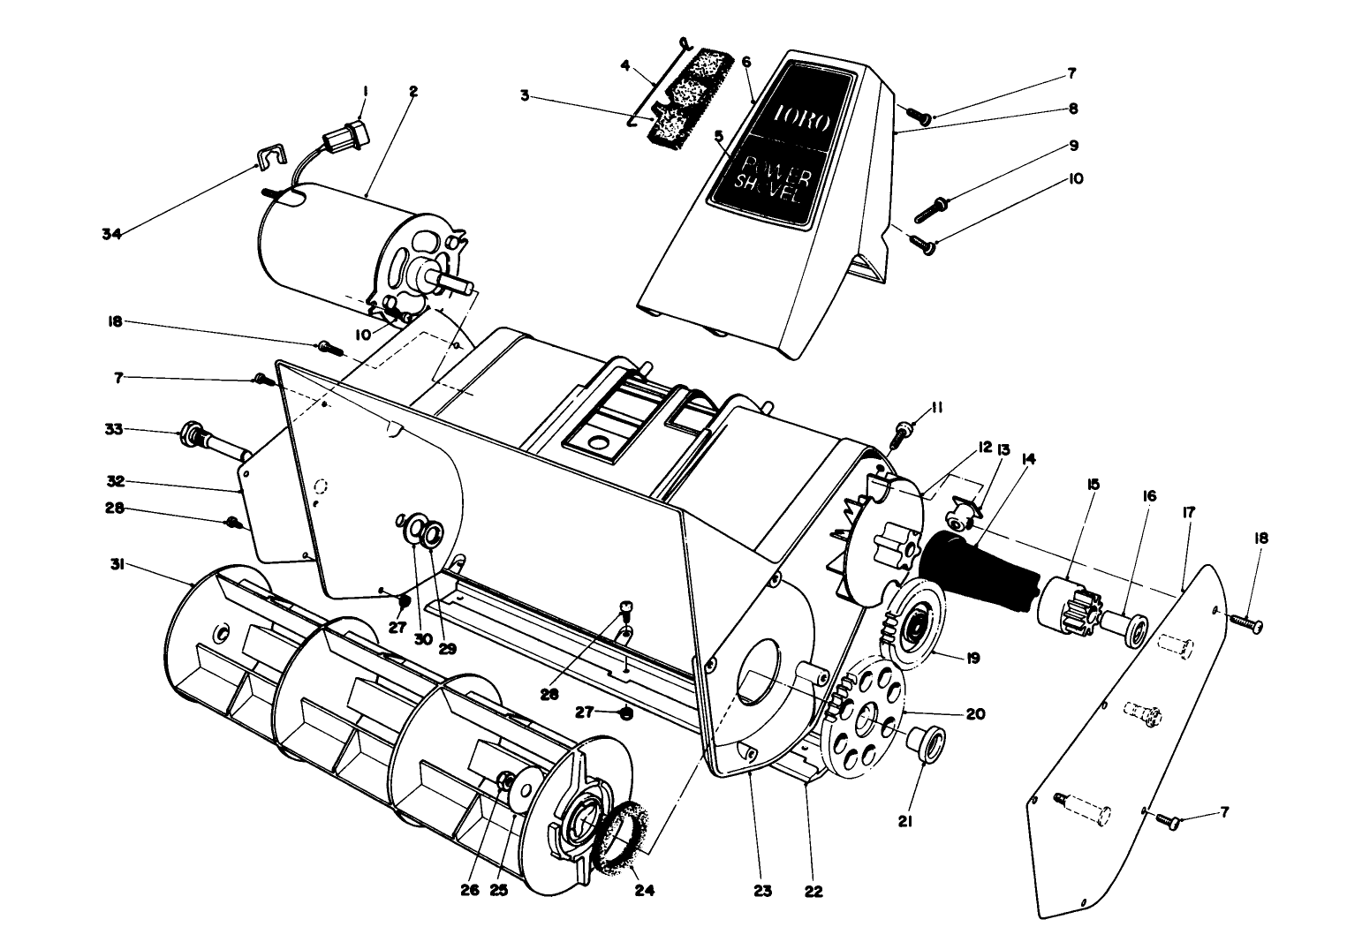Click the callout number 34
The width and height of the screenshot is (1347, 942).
[111, 234]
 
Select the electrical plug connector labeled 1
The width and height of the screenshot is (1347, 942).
[346, 139]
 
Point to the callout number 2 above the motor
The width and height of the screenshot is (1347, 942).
[412, 90]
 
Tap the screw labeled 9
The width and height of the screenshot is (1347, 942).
[930, 208]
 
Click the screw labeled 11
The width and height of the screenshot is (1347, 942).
[903, 432]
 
